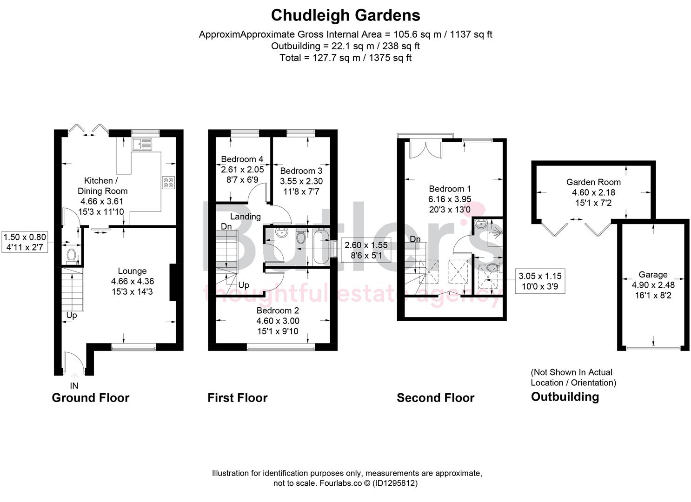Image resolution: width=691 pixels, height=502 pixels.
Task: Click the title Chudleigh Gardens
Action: point(345,15)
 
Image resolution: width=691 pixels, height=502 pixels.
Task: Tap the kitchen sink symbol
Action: point(142,144)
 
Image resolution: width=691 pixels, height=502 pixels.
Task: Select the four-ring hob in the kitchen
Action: point(168,183)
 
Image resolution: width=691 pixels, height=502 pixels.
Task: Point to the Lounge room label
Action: point(132,271)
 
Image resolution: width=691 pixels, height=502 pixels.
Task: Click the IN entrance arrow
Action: point(74,377)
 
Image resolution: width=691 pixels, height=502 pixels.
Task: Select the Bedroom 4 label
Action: point(242,159)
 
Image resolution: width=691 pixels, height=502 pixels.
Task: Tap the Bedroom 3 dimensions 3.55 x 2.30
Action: point(301,181)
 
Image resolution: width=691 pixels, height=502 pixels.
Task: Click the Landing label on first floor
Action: point(245,217)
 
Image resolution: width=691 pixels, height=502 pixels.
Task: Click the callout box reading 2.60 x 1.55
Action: point(366,250)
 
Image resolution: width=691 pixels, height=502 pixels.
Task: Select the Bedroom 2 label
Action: point(278,310)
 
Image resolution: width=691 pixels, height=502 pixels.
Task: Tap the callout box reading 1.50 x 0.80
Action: point(25,242)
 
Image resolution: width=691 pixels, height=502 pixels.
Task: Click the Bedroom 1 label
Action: point(450,189)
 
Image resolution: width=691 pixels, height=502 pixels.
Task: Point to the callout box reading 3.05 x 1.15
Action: point(540,281)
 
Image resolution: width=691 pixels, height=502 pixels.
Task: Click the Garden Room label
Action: point(593,182)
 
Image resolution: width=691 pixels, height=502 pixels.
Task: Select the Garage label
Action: point(653,275)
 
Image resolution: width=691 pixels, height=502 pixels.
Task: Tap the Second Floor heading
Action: point(435,398)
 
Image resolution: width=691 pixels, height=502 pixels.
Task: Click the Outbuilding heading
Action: point(565,397)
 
